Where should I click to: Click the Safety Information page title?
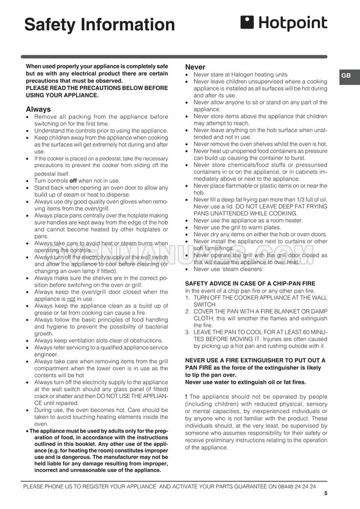(x=99, y=25)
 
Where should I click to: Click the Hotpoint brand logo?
(x=284, y=23)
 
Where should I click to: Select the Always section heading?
(x=38, y=109)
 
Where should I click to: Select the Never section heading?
(x=195, y=67)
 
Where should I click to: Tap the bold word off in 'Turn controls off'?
(x=73, y=181)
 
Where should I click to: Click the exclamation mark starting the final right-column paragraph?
(x=186, y=398)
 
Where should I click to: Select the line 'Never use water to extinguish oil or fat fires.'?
(x=246, y=382)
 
